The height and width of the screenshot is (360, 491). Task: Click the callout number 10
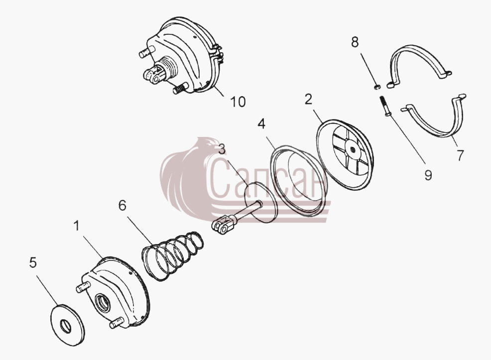click(238, 102)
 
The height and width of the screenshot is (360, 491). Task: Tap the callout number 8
click(355, 42)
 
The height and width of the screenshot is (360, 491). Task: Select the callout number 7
click(460, 155)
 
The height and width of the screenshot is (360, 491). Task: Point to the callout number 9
click(428, 175)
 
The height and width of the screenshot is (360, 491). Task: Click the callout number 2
click(308, 99)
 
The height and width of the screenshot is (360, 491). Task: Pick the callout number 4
click(261, 124)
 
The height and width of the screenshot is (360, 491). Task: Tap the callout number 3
click(222, 149)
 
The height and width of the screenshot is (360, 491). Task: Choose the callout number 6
click(122, 205)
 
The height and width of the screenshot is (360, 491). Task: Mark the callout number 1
click(77, 226)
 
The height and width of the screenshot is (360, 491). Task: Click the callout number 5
click(33, 262)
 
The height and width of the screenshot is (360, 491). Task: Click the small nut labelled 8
click(377, 87)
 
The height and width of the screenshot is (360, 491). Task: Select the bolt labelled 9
click(384, 106)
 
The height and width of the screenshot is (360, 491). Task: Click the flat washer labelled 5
click(68, 325)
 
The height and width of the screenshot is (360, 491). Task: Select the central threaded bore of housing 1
click(104, 303)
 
